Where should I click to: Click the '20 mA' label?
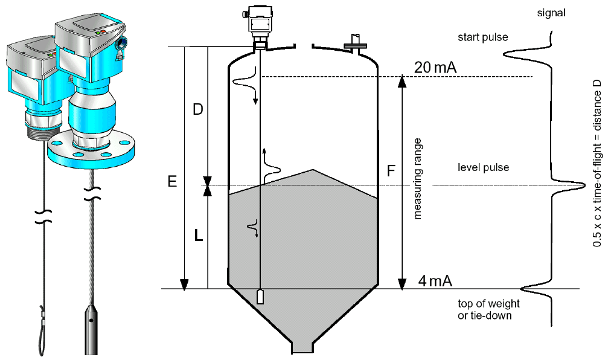point(434,67)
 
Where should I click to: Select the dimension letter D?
point(197,110)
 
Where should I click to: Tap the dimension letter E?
point(173,181)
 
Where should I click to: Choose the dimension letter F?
point(391,172)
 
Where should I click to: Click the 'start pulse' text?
point(482,37)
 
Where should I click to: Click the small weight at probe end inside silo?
point(260,297)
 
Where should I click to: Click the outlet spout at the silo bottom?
point(302,347)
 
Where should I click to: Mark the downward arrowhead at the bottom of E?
point(185,283)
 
